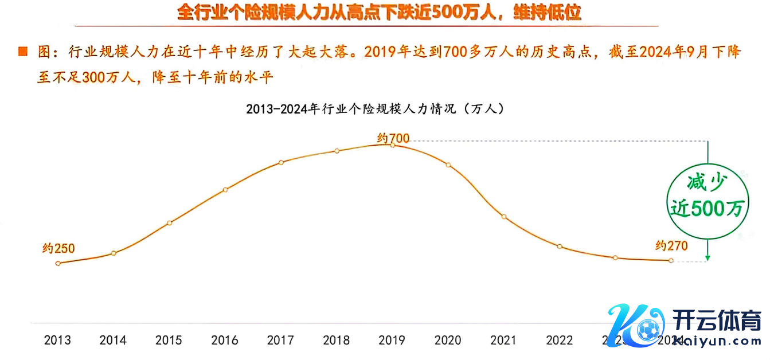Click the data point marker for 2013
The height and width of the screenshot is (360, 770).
pyautogui.click(x=58, y=263)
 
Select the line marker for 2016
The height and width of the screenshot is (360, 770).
pyautogui.click(x=225, y=190)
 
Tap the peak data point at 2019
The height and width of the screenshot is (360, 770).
pyautogui.click(x=393, y=145)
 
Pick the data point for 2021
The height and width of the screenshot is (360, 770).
pyautogui.click(x=504, y=217)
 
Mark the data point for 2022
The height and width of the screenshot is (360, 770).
pyautogui.click(x=560, y=246)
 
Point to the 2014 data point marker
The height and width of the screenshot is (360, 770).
pyautogui.click(x=114, y=253)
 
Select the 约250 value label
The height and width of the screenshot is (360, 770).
pyautogui.click(x=59, y=249)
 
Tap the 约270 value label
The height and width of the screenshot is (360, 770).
pyautogui.click(x=671, y=246)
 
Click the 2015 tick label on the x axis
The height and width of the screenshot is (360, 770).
pyautogui.click(x=169, y=341)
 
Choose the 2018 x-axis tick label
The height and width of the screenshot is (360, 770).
pyautogui.click(x=337, y=341)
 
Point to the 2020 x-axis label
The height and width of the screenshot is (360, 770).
pyautogui.click(x=448, y=341)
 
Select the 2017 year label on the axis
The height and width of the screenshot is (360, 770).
pyautogui.click(x=281, y=341)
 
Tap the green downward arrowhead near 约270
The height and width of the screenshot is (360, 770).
pyautogui.click(x=709, y=258)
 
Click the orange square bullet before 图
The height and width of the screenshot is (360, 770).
pyautogui.click(x=23, y=52)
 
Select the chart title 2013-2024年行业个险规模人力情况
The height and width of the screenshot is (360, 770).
pyautogui.click(x=375, y=108)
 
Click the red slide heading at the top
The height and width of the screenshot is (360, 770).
pyautogui.click(x=378, y=13)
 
